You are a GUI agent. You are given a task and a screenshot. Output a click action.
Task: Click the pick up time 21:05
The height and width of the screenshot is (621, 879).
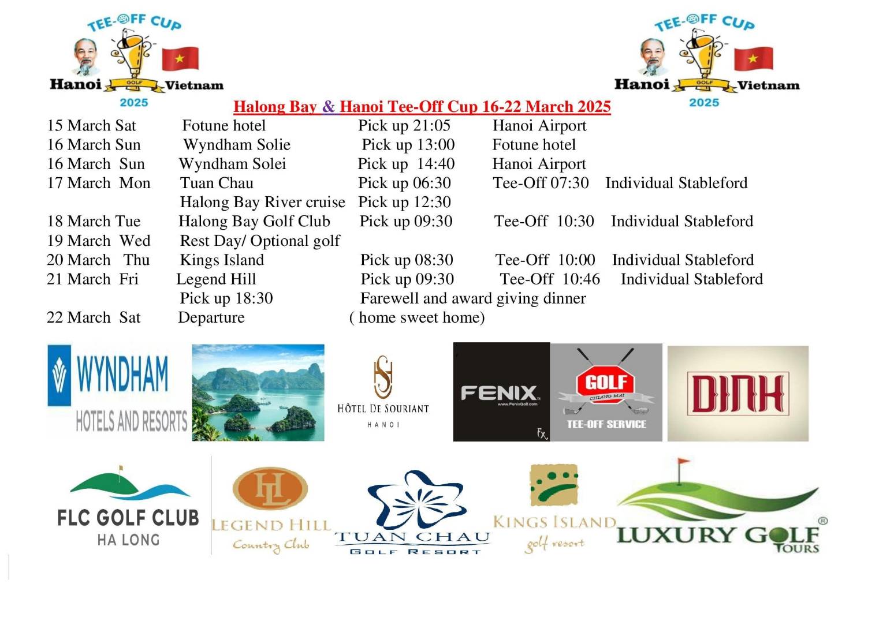click(404, 126)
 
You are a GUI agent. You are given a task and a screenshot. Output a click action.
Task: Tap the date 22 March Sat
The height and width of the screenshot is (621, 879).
click(94, 318)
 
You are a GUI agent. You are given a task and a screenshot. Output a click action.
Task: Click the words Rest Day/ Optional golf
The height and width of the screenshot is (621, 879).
click(260, 241)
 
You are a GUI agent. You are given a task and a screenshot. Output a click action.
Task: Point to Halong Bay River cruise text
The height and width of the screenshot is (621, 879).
click(262, 203)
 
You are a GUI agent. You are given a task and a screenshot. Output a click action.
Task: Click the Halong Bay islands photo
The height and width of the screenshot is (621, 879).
click(258, 392)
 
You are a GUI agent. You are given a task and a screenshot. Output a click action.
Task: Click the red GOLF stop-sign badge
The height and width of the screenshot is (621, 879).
click(606, 382)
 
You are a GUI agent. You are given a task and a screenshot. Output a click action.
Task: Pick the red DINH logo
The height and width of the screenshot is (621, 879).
click(738, 394)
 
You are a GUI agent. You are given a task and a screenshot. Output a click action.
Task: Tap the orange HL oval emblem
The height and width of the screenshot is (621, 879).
click(270, 488)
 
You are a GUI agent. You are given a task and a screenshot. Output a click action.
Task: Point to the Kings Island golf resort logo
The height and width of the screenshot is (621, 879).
click(554, 508)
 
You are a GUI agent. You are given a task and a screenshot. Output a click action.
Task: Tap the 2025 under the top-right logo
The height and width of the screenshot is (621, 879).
click(703, 103)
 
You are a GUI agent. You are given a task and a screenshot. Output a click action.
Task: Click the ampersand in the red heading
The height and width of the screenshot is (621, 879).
click(328, 107)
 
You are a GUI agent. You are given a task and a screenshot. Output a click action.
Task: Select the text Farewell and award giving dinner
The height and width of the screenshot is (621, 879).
click(472, 298)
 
